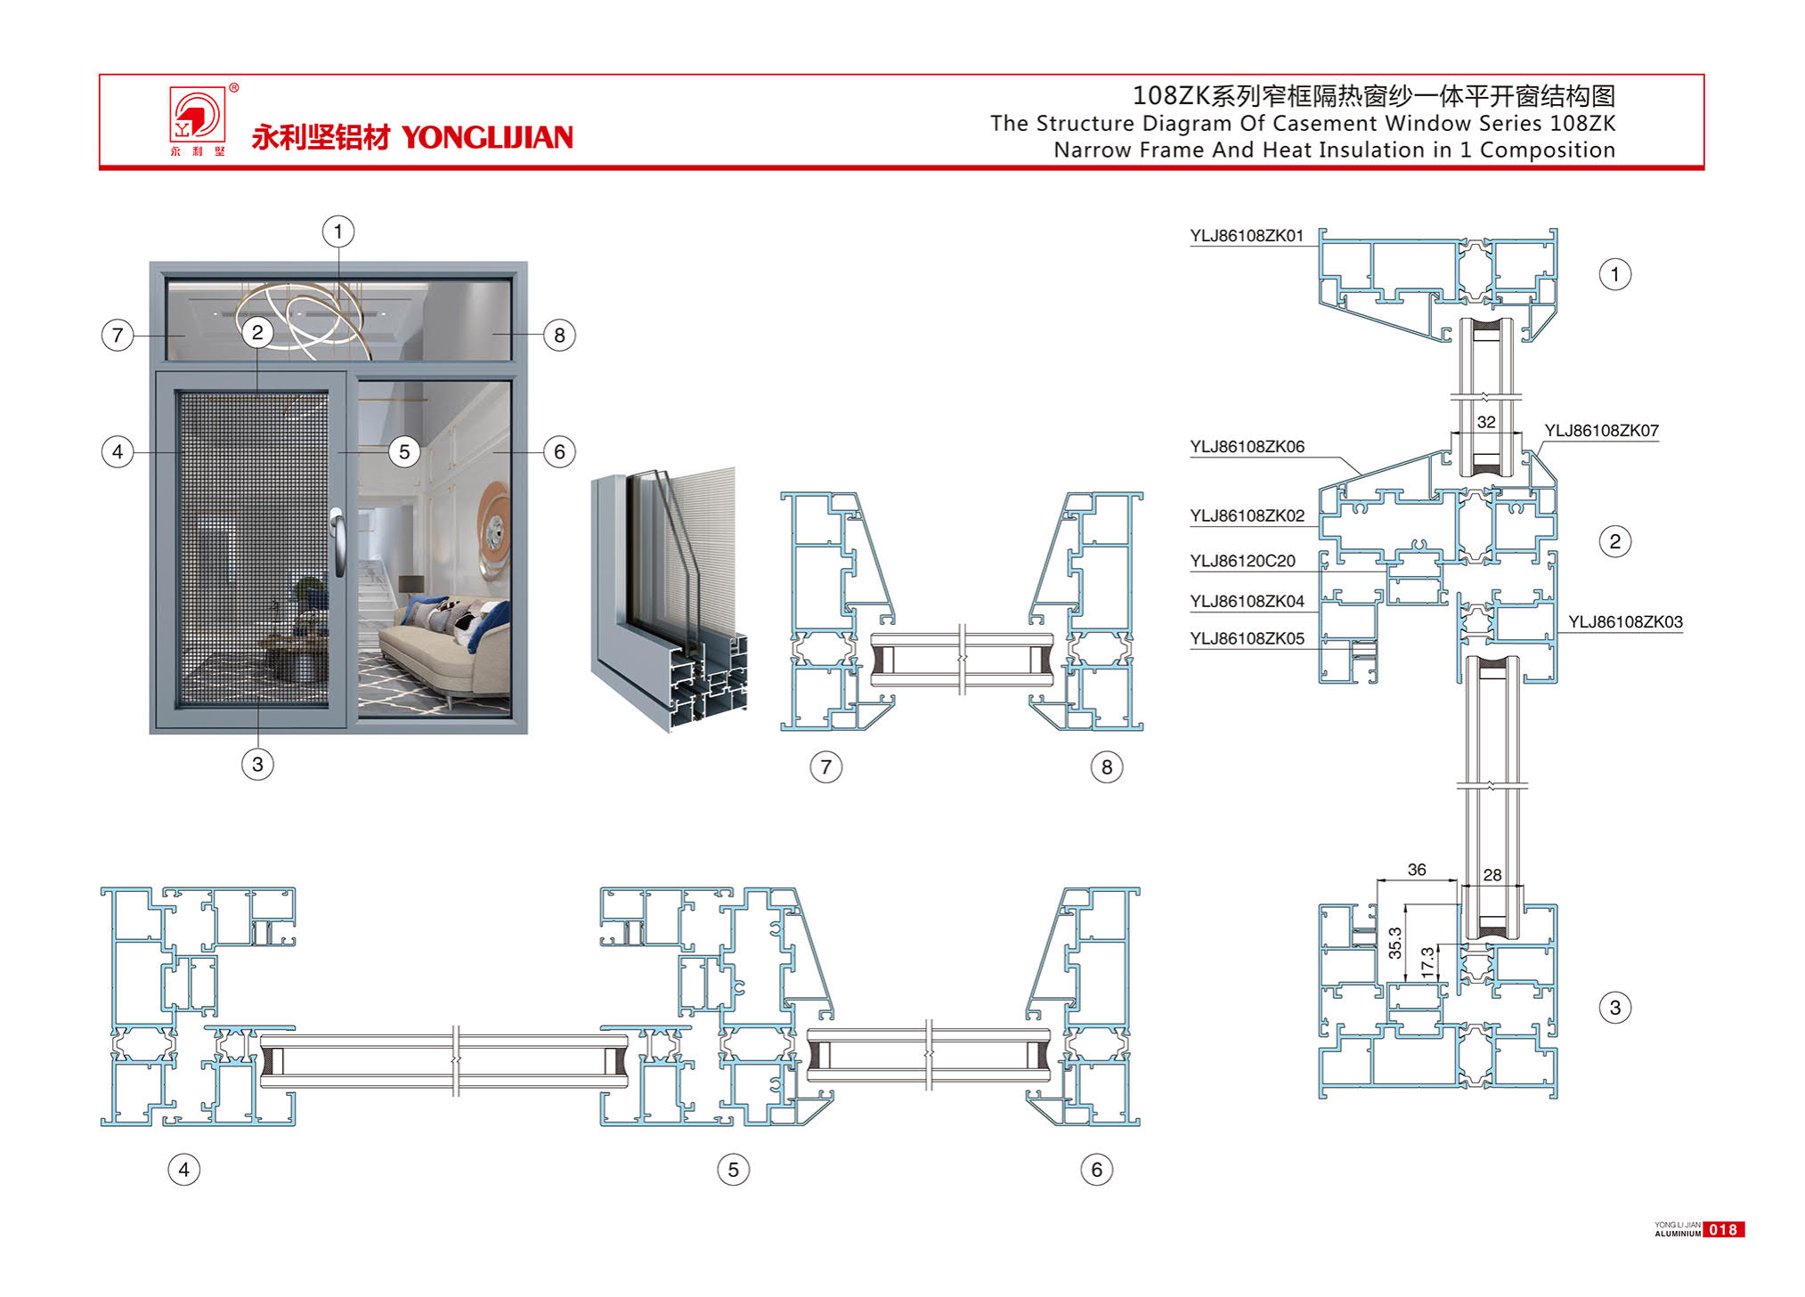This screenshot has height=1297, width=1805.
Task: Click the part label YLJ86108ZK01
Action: (1246, 236)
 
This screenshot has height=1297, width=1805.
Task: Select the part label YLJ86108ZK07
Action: (1601, 431)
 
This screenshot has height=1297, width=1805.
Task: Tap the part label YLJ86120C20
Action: (1242, 561)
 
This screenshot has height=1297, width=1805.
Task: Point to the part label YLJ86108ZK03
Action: (1625, 622)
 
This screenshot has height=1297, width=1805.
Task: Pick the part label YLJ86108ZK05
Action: (1247, 638)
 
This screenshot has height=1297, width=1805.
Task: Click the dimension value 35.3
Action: (1394, 943)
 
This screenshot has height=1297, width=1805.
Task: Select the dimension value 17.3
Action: (1427, 962)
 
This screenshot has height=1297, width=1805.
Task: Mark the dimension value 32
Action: (1486, 422)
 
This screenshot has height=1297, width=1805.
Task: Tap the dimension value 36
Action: (1417, 870)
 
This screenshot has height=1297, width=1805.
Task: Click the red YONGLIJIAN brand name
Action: (486, 138)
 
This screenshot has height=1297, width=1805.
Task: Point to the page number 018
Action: (1723, 1230)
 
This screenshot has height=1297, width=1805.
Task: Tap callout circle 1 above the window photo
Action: (338, 232)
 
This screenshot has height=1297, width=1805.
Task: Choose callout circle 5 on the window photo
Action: (404, 452)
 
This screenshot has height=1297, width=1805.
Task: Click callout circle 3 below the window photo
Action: (258, 765)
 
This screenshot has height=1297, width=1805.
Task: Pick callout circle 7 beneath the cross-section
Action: (826, 767)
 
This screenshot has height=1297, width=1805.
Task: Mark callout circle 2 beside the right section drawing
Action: (1614, 541)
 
